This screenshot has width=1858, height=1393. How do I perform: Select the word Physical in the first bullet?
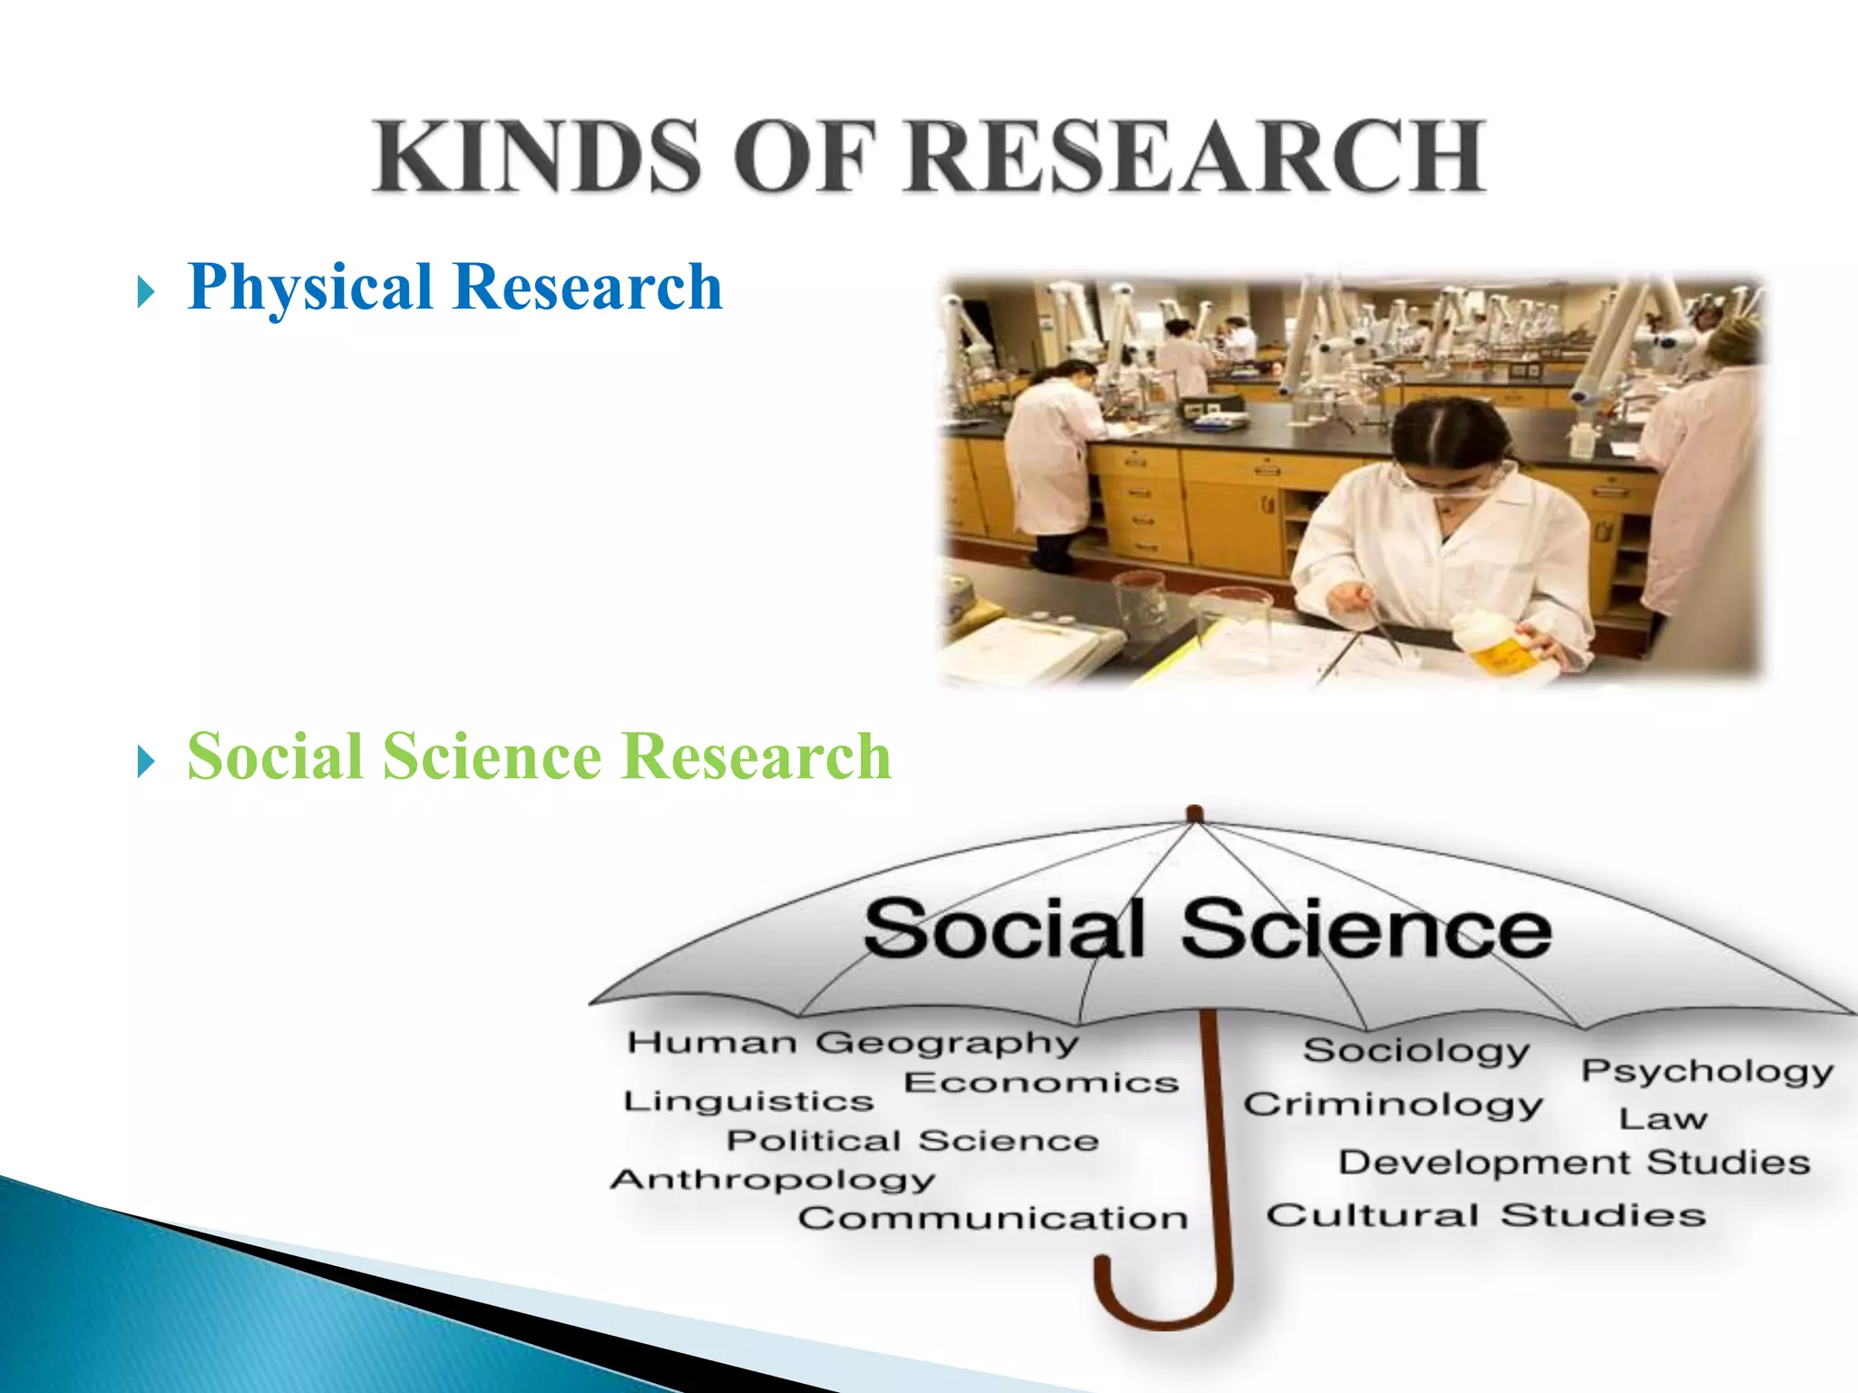pos(309,287)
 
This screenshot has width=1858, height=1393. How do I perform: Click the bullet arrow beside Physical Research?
pos(146,293)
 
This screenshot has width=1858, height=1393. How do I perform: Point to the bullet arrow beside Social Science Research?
pos(146,762)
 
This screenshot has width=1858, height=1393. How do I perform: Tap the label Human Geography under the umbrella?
pos(853,1043)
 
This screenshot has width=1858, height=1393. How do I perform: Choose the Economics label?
pos(1041,1083)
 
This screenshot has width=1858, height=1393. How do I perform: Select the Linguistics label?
pos(748,1102)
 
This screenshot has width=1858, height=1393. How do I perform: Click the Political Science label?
pos(913,1140)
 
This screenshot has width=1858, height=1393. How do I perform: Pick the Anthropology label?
pos(772,1180)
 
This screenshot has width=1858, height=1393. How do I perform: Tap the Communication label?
pos(993,1218)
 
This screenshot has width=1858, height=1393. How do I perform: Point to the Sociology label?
pos(1415,1051)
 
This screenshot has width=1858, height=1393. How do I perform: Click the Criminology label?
pos(1393,1106)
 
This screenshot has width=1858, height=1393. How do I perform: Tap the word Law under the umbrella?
pos(1663,1119)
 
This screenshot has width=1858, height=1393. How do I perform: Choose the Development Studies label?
pos(1574,1163)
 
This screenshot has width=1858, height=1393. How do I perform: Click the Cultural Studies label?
pos(1486,1215)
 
